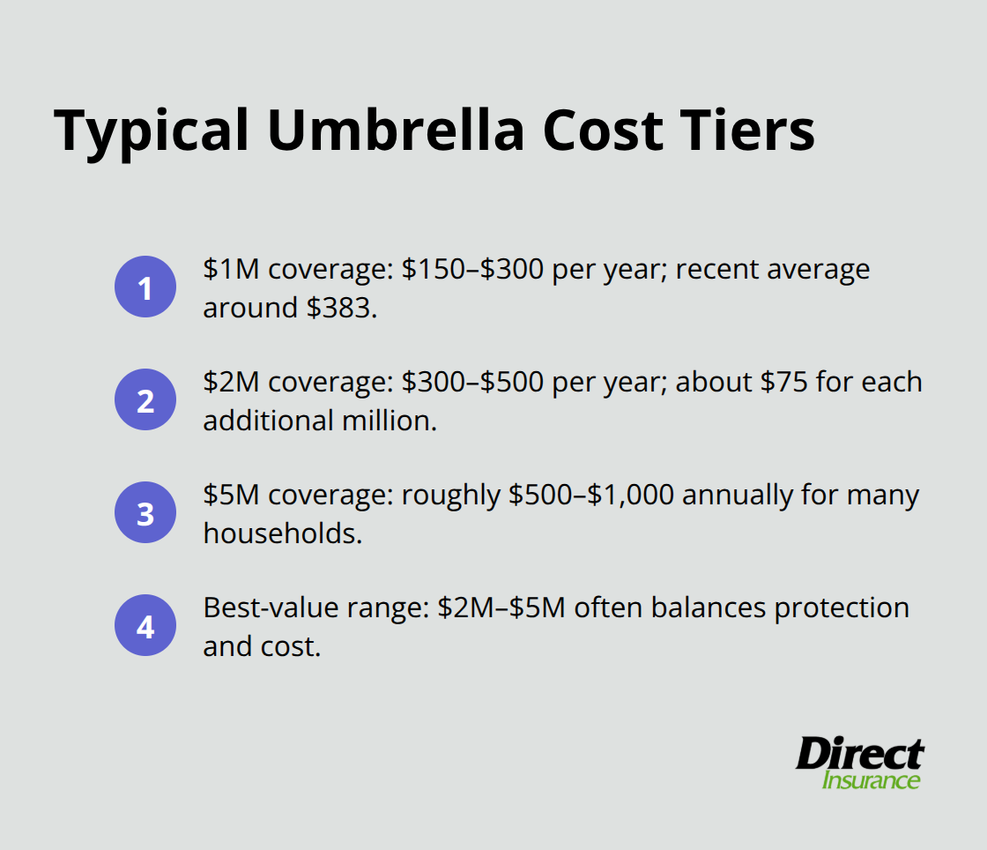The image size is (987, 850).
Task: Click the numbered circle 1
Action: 145,287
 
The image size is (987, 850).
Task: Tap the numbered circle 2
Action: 145,400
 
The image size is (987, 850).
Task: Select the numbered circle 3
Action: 145,513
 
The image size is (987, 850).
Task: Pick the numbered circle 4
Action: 145,626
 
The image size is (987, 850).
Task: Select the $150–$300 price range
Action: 473,269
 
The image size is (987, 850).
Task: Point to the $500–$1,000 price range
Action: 590,495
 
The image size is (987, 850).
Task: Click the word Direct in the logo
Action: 859,756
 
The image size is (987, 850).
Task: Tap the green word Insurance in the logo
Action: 871,780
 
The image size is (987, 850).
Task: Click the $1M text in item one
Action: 232,269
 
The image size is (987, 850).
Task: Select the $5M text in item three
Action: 232,495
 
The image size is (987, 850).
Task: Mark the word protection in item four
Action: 842,608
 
